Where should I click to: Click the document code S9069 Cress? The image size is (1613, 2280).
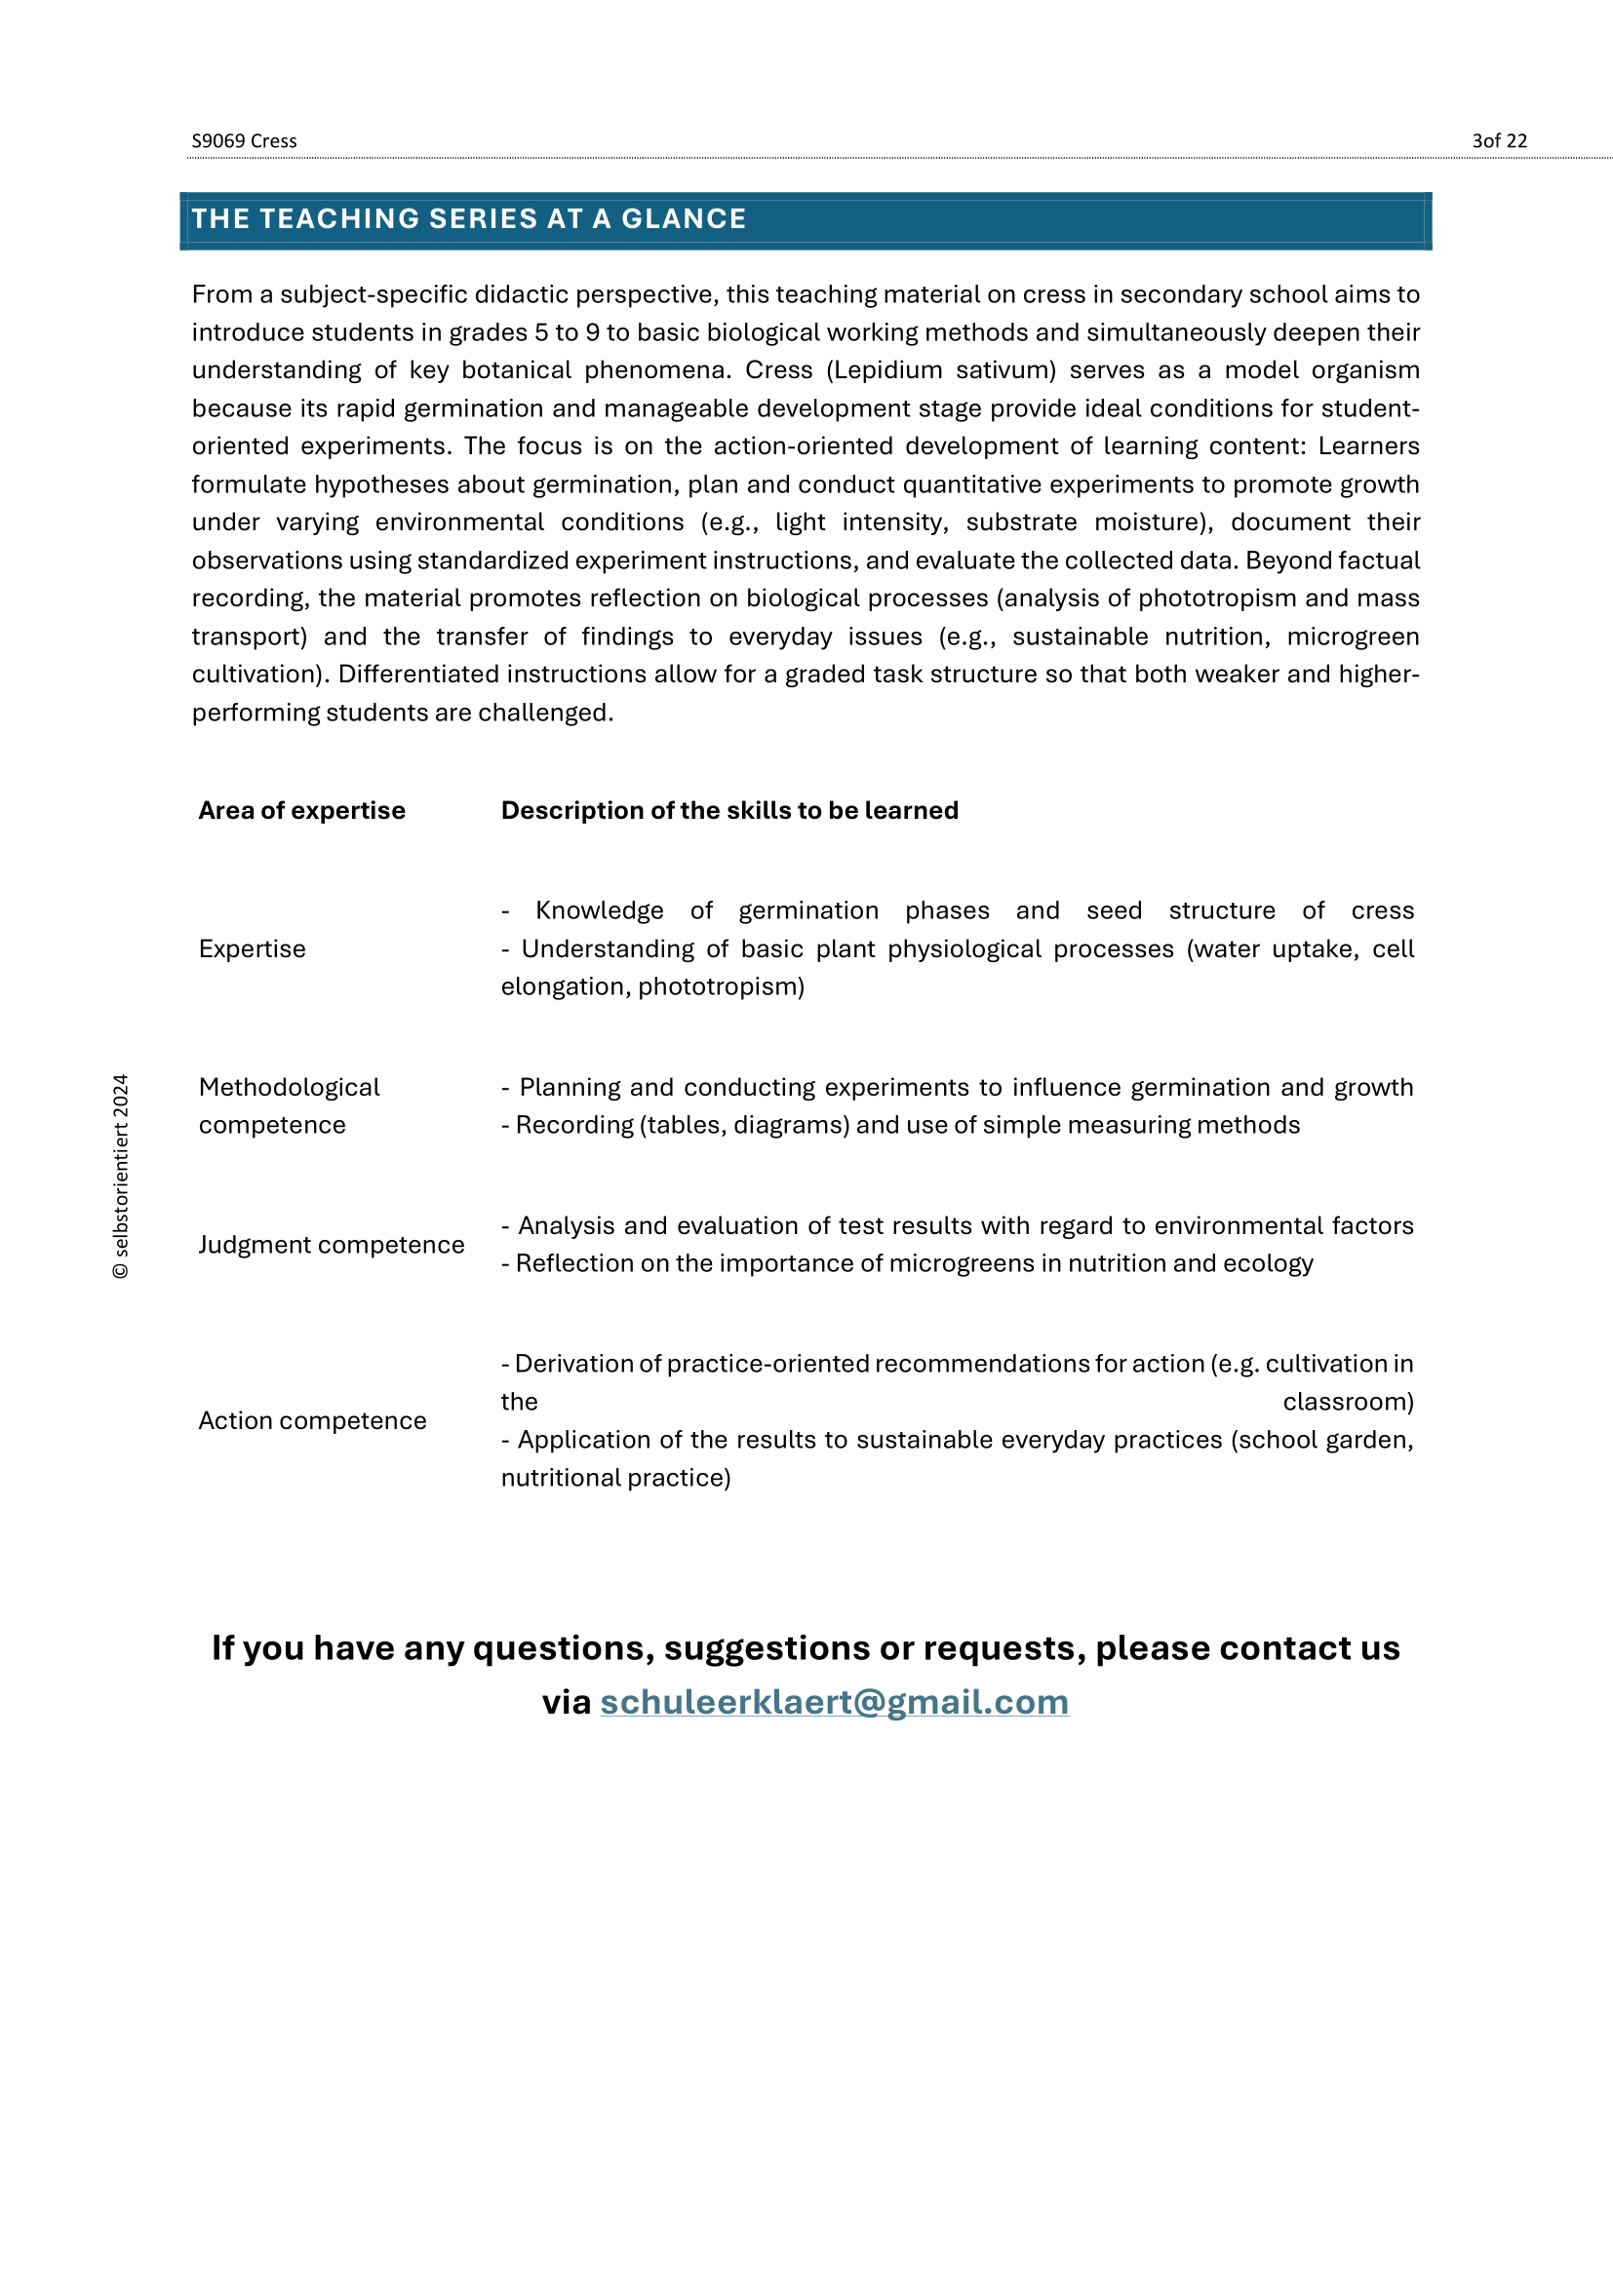(x=245, y=141)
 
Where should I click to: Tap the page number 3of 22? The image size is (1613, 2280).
(x=1499, y=141)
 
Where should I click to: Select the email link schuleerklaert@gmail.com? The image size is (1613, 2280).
(x=835, y=1702)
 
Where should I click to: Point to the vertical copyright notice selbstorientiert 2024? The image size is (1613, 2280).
(x=121, y=1176)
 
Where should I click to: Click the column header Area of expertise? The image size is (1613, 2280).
(x=302, y=810)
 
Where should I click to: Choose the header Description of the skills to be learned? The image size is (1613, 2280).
(x=729, y=810)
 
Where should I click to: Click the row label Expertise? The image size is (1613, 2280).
(x=253, y=948)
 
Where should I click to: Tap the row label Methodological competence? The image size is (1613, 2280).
(x=289, y=1106)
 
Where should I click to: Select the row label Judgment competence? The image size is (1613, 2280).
(x=332, y=1244)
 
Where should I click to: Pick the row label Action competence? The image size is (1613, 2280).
(x=313, y=1420)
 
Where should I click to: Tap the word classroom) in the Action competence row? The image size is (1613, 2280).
(x=1348, y=1401)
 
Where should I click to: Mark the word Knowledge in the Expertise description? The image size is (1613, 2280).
(x=600, y=910)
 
